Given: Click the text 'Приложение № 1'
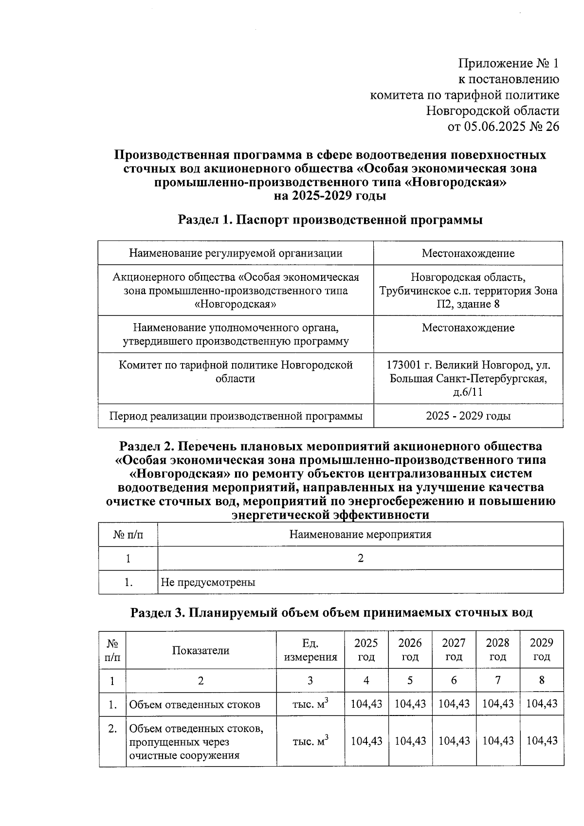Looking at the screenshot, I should pyautogui.click(x=509, y=63).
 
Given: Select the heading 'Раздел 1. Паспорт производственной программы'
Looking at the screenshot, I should pyautogui.click(x=330, y=220).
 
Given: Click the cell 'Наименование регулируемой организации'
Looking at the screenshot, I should pyautogui.click(x=236, y=253).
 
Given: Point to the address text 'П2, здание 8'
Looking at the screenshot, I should pyautogui.click(x=468, y=304).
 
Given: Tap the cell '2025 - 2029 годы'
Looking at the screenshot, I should pyautogui.click(x=468, y=416).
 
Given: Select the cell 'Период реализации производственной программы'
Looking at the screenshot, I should pyautogui.click(x=236, y=416).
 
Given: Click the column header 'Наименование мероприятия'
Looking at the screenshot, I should pyautogui.click(x=360, y=534).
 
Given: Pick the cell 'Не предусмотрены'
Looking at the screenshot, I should pyautogui.click(x=208, y=582).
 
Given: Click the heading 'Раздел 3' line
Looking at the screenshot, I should pyautogui.click(x=331, y=613).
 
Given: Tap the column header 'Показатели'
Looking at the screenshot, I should pyautogui.click(x=201, y=650).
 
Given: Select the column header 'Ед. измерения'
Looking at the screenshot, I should pyautogui.click(x=310, y=650).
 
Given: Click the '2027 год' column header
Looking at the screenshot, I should pyautogui.click(x=454, y=650).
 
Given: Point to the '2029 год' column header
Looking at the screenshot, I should pyautogui.click(x=541, y=650).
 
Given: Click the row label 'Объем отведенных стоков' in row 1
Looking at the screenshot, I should pyautogui.click(x=195, y=704).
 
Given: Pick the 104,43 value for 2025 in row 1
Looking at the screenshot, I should pyautogui.click(x=366, y=704).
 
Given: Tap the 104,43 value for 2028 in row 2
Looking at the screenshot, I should pyautogui.click(x=498, y=741).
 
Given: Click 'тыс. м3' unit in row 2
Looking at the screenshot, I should pyautogui.click(x=310, y=741).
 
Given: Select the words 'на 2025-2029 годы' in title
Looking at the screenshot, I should pyautogui.click(x=330, y=196).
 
